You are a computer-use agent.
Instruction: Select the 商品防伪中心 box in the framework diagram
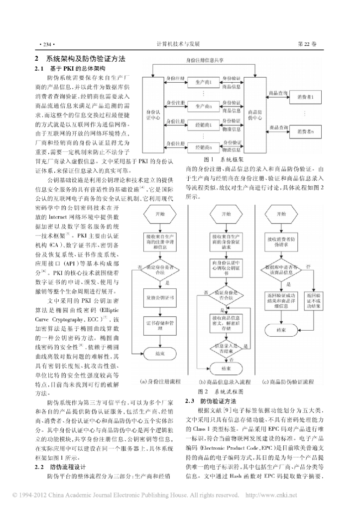point(254,114)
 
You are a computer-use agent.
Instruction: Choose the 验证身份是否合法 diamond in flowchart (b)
point(224,296)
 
